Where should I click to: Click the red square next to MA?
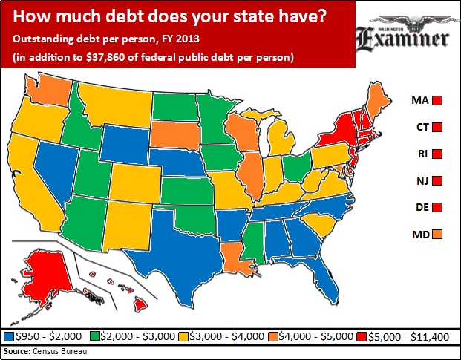439,99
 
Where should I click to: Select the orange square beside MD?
439,235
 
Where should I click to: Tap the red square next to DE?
439,207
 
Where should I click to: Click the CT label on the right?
419,126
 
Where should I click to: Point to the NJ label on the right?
419,180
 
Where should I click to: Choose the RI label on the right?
419,154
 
